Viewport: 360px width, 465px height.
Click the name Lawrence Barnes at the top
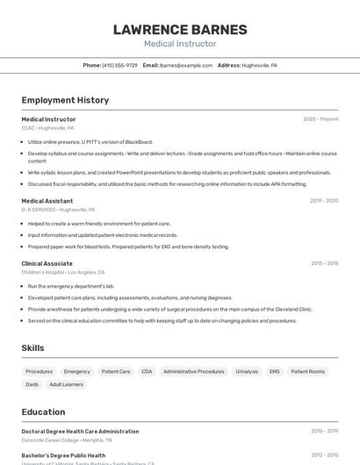[180, 29]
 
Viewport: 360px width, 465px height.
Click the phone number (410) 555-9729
[119, 65]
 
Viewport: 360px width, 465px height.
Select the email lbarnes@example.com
[186, 65]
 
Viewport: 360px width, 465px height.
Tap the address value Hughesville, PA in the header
[259, 65]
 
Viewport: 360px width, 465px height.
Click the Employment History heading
[65, 100]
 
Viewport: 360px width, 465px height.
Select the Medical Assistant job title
[47, 201]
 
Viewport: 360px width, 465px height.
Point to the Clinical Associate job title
[47, 263]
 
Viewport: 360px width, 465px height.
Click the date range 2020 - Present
[320, 119]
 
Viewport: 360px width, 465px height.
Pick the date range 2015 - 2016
[324, 263]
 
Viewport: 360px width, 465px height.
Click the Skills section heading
[32, 348]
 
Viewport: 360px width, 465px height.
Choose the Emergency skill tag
[77, 372]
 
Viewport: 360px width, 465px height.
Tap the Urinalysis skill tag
[247, 372]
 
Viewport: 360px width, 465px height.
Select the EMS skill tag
[275, 372]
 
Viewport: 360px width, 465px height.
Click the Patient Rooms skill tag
[307, 372]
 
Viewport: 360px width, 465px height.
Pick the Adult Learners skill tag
[67, 384]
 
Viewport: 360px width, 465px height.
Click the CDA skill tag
[147, 372]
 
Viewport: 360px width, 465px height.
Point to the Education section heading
[43, 411]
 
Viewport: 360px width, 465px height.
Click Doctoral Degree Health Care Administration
[80, 432]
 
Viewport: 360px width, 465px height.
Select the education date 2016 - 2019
[324, 432]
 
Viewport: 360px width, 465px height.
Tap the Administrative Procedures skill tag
[194, 372]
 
